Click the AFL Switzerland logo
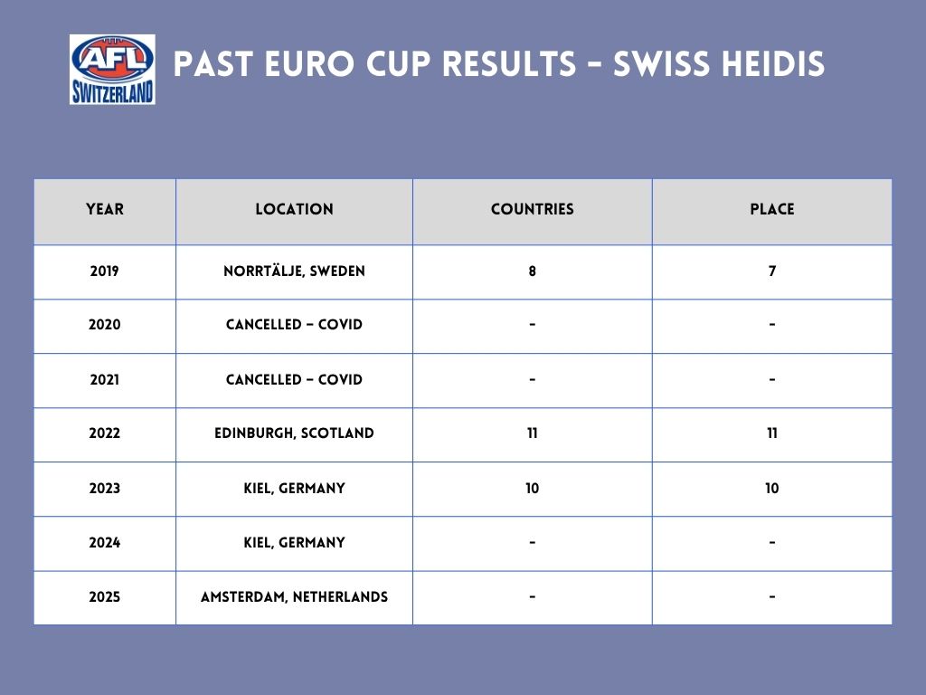coord(112,69)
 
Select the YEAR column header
coord(105,209)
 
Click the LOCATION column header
coord(294,209)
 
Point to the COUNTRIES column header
coord(532,209)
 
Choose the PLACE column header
coord(772,209)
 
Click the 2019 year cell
coord(105,271)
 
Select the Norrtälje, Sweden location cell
coord(294,271)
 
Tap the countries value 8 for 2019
coord(532,271)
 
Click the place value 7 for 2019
coord(772,271)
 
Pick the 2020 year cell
coord(105,325)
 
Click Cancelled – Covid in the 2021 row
coord(294,379)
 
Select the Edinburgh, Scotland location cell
coord(294,433)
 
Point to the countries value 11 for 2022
coord(532,433)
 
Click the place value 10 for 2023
coord(772,488)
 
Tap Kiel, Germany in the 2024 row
coord(294,543)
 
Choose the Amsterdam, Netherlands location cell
coord(294,597)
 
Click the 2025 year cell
coord(105,597)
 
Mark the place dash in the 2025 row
coord(772,597)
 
